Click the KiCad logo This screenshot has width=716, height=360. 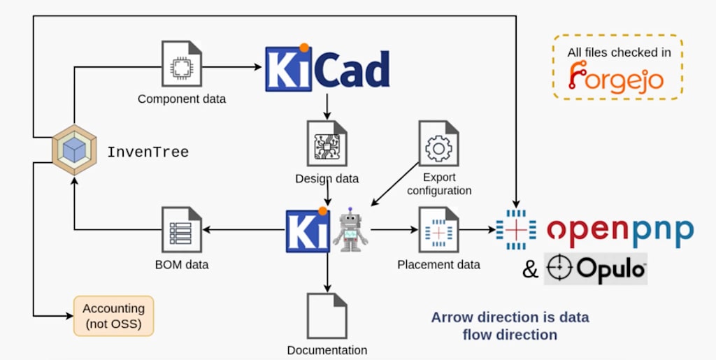click(327, 68)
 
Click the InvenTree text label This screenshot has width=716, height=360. click(148, 152)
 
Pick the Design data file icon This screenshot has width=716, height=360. click(327, 143)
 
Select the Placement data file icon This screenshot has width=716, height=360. click(438, 230)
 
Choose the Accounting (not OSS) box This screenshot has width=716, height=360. click(113, 316)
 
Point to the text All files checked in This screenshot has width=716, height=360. click(616, 52)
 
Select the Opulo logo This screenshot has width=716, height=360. click(596, 269)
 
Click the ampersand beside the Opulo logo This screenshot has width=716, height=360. click(531, 269)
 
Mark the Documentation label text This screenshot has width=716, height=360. click(327, 350)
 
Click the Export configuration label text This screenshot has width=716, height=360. click(439, 184)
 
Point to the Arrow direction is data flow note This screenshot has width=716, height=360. click(510, 326)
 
